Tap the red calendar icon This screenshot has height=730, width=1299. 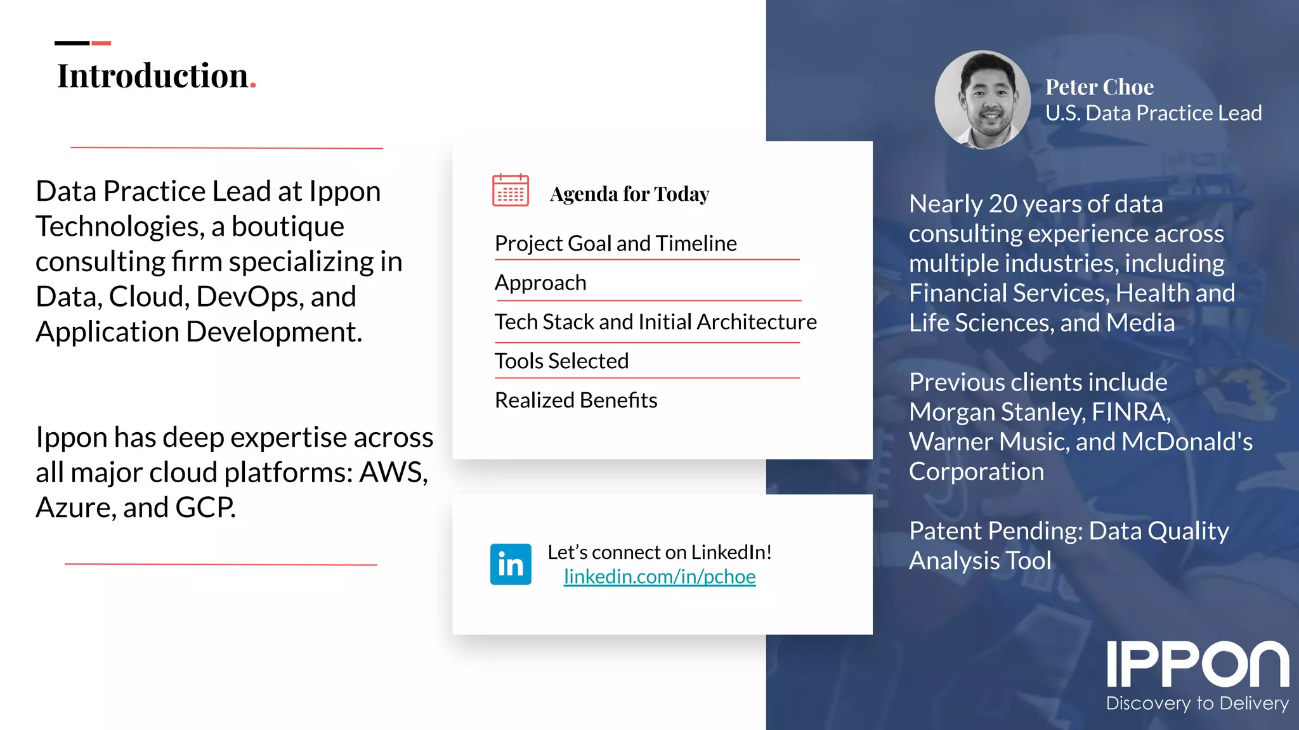(511, 190)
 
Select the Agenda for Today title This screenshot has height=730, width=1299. (629, 194)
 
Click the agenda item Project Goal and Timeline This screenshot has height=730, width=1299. (615, 243)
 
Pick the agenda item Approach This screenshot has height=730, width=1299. (540, 283)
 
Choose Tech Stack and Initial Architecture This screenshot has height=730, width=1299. (655, 322)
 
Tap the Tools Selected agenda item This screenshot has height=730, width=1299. (561, 361)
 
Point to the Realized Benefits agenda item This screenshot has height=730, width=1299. (575, 400)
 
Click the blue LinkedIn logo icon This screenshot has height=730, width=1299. (511, 564)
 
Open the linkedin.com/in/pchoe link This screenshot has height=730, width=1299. (660, 577)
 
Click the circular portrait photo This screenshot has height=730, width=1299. (982, 100)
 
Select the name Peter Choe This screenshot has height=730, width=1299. (1099, 87)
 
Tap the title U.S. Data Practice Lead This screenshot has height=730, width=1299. (1153, 113)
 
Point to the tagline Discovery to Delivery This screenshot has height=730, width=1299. (1197, 703)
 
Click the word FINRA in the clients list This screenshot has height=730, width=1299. (1130, 412)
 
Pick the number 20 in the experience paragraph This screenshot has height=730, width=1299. (1002, 204)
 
